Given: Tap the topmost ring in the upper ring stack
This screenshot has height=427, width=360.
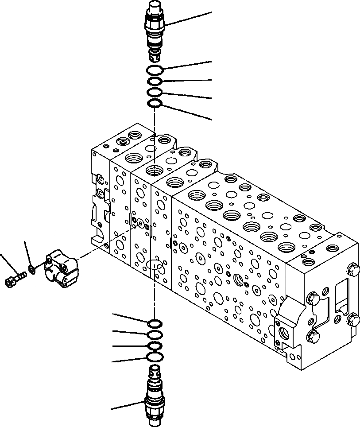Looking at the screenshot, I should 155,70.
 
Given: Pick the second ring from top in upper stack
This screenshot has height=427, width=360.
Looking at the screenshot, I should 155,81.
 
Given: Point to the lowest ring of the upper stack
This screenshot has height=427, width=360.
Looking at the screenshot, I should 155,104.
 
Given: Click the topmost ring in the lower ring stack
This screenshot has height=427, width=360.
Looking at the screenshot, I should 155,322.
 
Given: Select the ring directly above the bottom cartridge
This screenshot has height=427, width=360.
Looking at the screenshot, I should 155,357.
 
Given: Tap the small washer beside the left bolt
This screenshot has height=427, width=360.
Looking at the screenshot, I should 32,268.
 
